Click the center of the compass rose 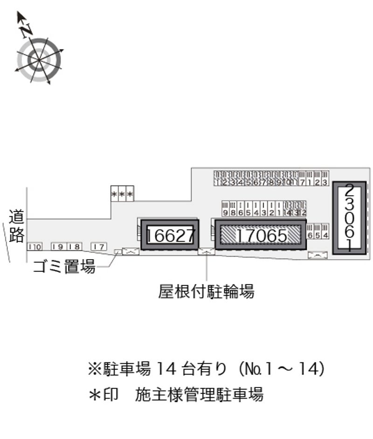coord(39,59)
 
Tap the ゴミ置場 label coord(64,267)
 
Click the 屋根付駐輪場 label coord(206,292)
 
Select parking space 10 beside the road coord(35,247)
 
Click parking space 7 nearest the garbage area coord(98,247)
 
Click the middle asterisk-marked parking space coord(122,194)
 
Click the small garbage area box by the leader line coord(117,252)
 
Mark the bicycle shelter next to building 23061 coord(318,255)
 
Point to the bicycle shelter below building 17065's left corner coord(206,252)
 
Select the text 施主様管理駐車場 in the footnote coord(199,395)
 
